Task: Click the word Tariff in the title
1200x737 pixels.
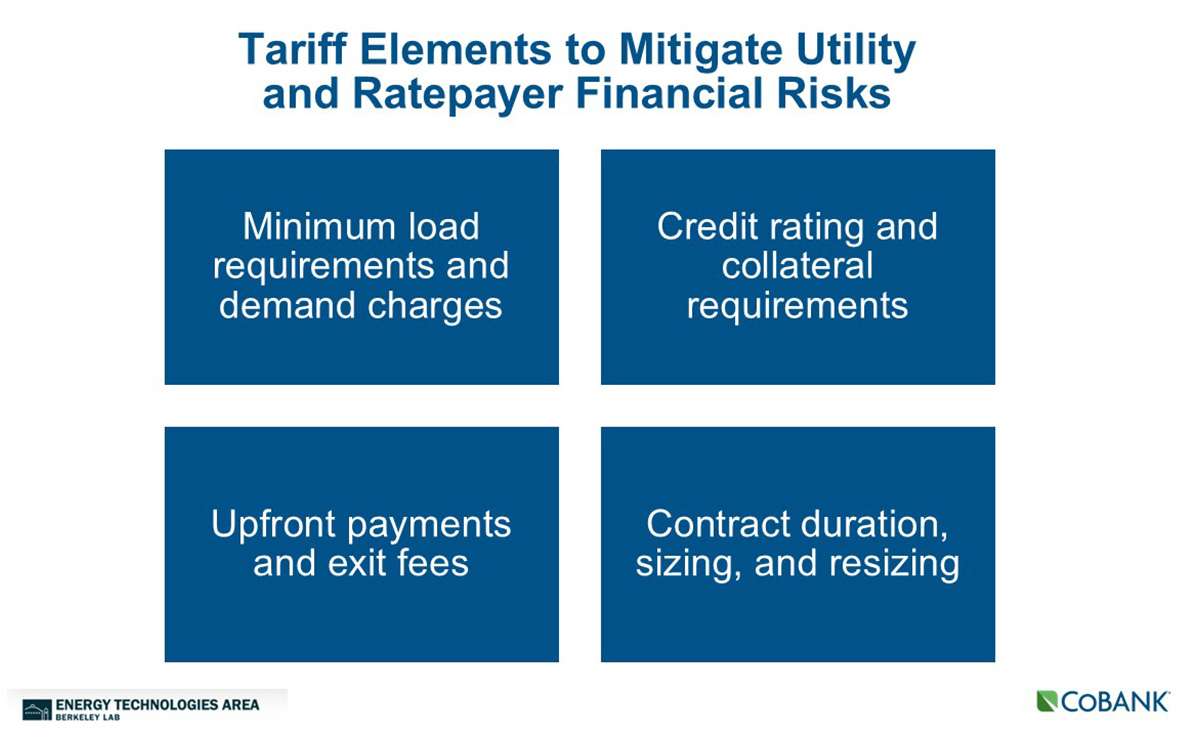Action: point(292,49)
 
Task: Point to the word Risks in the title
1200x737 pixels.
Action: point(834,93)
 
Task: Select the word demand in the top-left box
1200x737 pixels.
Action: point(287,305)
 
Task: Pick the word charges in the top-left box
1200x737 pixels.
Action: point(434,307)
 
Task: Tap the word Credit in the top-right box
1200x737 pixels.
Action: point(707,226)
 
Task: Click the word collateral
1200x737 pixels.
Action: point(797,266)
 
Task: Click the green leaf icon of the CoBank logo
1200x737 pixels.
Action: point(1047,701)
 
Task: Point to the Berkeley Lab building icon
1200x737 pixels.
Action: point(37,710)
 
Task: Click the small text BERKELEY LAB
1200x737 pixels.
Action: point(88,718)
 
